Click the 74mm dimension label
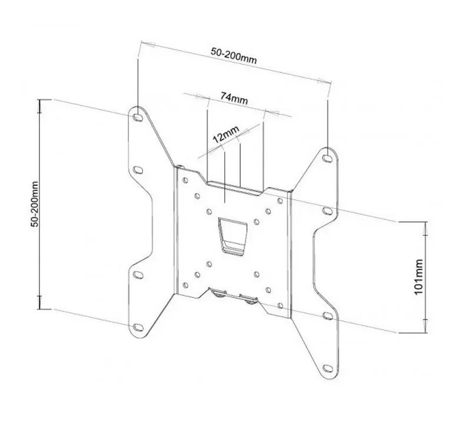coord(234,98)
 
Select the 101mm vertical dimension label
coord(419,277)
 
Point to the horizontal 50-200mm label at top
coord(234,56)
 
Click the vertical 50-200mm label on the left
coord(35,204)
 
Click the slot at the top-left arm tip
coord(138,117)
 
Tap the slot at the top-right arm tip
coord(327,158)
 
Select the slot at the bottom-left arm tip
coord(138,327)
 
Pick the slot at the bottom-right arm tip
coord(327,368)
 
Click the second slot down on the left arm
coord(138,170)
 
